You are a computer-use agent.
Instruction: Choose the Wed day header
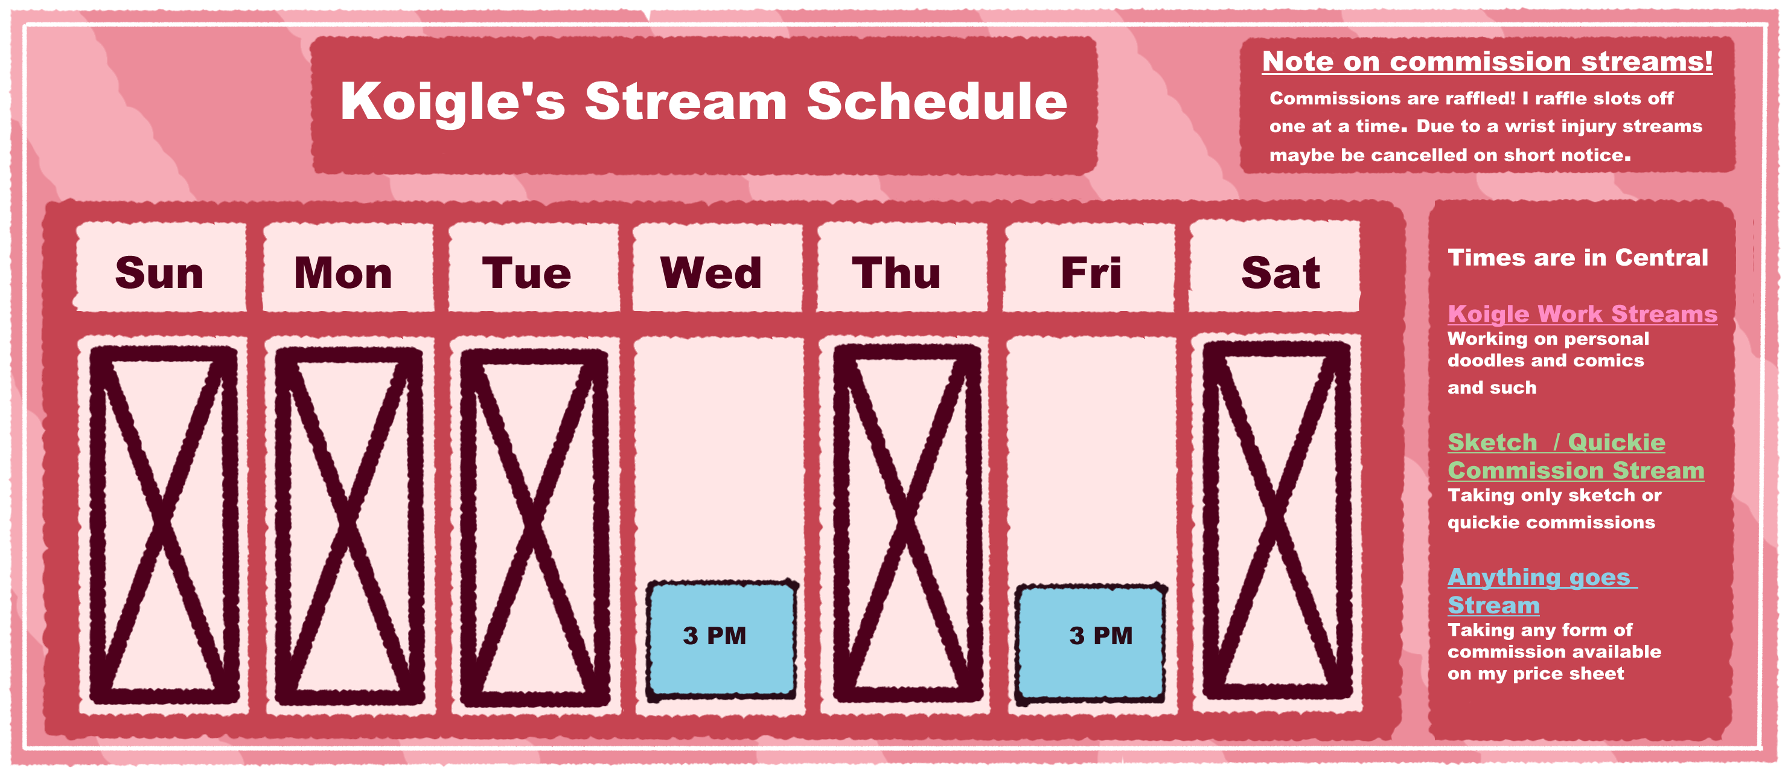pyautogui.click(x=718, y=267)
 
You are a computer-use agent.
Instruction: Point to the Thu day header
pyautogui.click(x=902, y=267)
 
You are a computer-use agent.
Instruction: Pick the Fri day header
pyautogui.click(x=1089, y=267)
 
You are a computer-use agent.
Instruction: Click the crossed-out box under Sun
pyautogui.click(x=164, y=525)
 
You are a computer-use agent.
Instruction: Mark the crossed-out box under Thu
pyautogui.click(x=907, y=523)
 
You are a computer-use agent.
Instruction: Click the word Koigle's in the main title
pyautogui.click(x=453, y=102)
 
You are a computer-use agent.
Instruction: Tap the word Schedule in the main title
pyautogui.click(x=936, y=101)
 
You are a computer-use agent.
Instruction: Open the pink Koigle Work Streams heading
pyautogui.click(x=1582, y=314)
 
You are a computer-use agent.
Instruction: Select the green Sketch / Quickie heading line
pyautogui.click(x=1556, y=442)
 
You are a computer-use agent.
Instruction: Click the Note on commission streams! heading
pyautogui.click(x=1487, y=61)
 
